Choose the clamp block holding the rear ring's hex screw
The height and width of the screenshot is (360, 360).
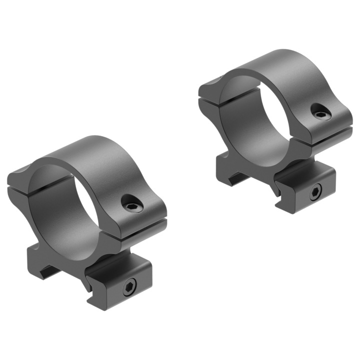tap(305, 187)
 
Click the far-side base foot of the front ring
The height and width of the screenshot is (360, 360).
tap(42, 270)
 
